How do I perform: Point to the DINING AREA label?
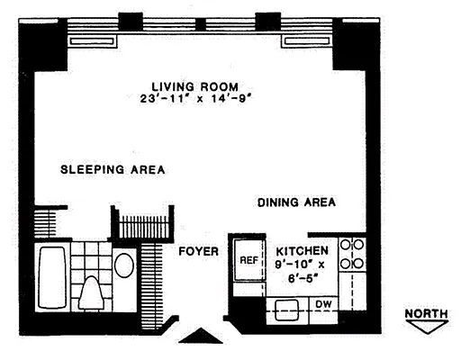point(296,202)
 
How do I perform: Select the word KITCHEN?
point(302,251)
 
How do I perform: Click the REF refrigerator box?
point(249,261)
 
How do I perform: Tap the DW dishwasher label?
point(321,304)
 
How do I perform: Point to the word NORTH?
point(427,314)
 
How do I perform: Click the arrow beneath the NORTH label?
point(427,327)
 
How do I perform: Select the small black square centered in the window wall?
point(195,24)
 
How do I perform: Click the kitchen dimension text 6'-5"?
point(302,278)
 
